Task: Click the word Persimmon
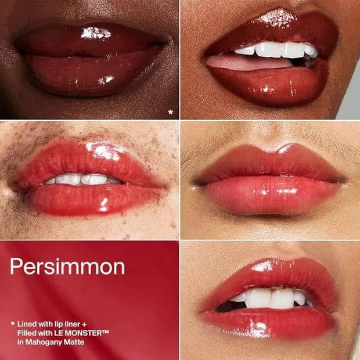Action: point(67,267)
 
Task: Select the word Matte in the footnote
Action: point(74,342)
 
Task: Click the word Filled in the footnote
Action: point(26,333)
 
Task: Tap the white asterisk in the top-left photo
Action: point(170,112)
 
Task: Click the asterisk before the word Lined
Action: point(13,323)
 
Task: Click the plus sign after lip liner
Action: point(84,324)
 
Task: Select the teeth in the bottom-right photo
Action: point(271,298)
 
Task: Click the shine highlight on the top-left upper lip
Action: point(96,33)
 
